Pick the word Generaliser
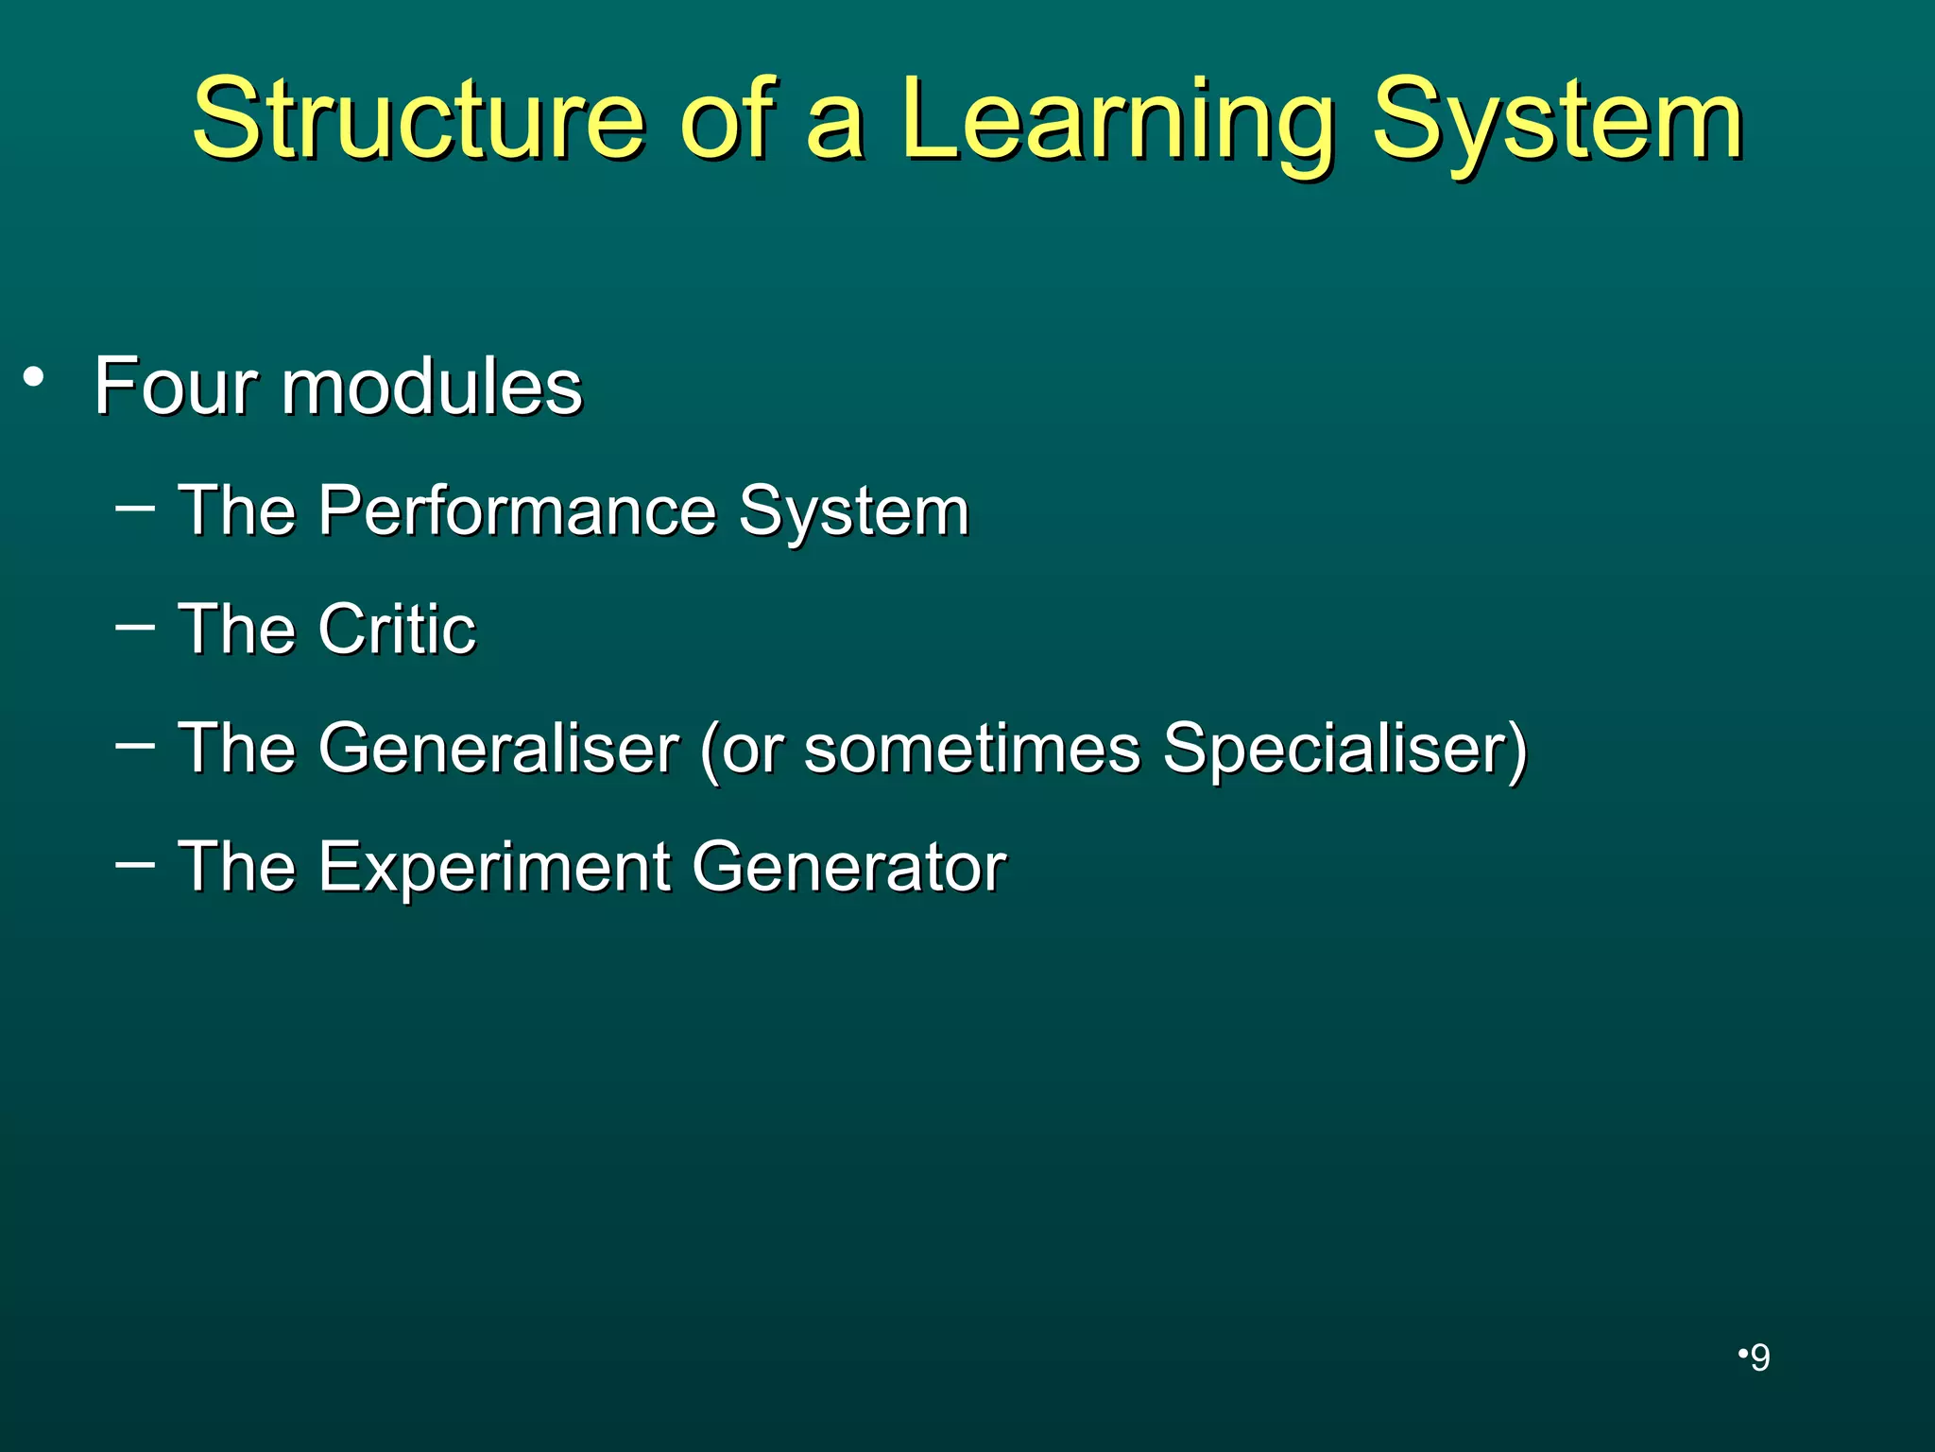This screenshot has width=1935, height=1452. pyautogui.click(x=498, y=748)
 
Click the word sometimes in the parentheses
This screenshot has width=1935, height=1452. pyautogui.click(x=972, y=748)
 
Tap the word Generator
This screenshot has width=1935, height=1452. pyautogui.click(x=848, y=867)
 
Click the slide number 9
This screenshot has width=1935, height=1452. pyautogui.click(x=1759, y=1358)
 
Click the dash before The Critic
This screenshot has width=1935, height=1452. pyautogui.click(x=134, y=625)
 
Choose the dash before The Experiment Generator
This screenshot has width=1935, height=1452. pyautogui.click(x=134, y=863)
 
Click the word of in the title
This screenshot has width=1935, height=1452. pyautogui.click(x=725, y=121)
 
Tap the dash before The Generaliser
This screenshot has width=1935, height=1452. pyautogui.click(x=134, y=745)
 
